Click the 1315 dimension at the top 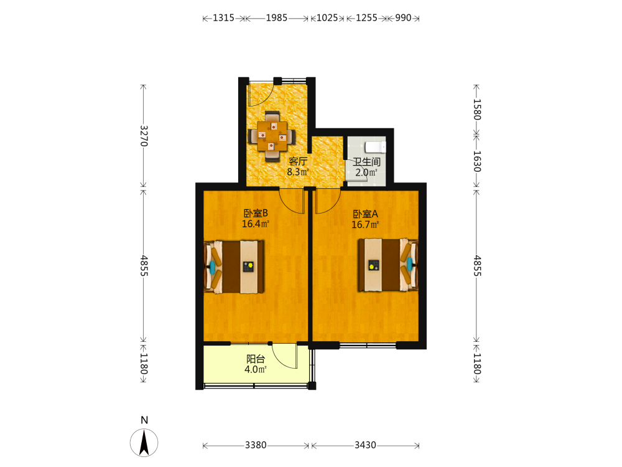pyautogui.click(x=223, y=18)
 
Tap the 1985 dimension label pyautogui.click(x=277, y=18)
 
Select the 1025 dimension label pyautogui.click(x=327, y=18)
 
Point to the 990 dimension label pyautogui.click(x=403, y=18)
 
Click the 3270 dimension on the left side pyautogui.click(x=144, y=136)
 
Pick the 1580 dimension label pyautogui.click(x=477, y=109)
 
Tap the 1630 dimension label pyautogui.click(x=477, y=161)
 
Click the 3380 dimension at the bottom pyautogui.click(x=256, y=445)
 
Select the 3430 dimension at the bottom pyautogui.click(x=365, y=445)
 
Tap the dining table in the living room pyautogui.click(x=272, y=136)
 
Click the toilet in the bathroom pyautogui.click(x=375, y=147)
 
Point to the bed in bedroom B pyautogui.click(x=234, y=267)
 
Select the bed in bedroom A pyautogui.click(x=388, y=265)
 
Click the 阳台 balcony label pyautogui.click(x=256, y=359)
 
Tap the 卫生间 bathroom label pyautogui.click(x=367, y=162)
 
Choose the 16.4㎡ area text pyautogui.click(x=256, y=224)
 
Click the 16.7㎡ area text pyautogui.click(x=365, y=225)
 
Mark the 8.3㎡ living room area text pyautogui.click(x=298, y=172)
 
